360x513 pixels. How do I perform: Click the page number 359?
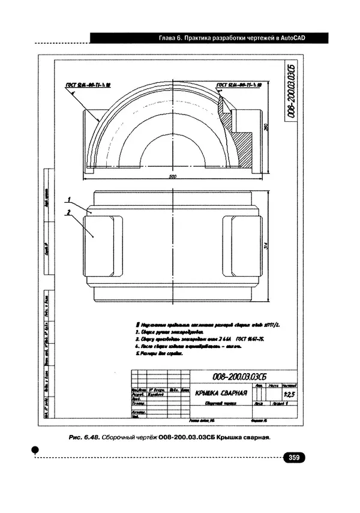point(294,458)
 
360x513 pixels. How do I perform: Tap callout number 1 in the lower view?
point(70,199)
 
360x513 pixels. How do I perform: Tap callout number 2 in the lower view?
point(70,212)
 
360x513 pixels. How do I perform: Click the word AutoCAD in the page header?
point(292,38)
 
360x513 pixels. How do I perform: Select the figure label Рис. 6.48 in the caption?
point(83,437)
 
